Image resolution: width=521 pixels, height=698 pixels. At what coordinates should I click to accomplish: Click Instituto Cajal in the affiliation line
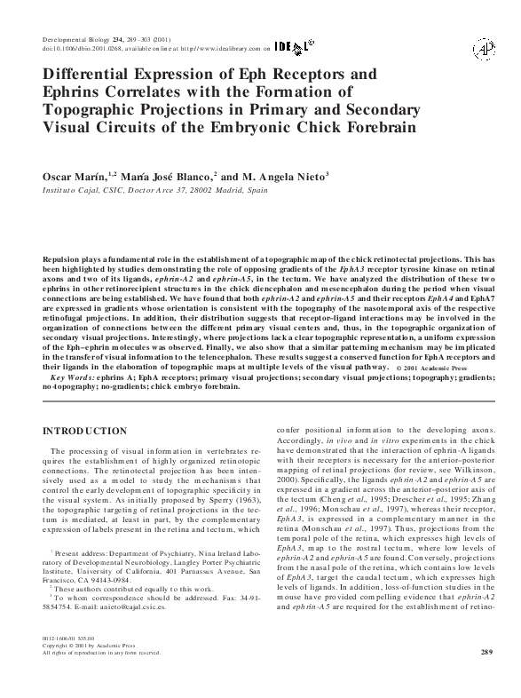tap(72, 191)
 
